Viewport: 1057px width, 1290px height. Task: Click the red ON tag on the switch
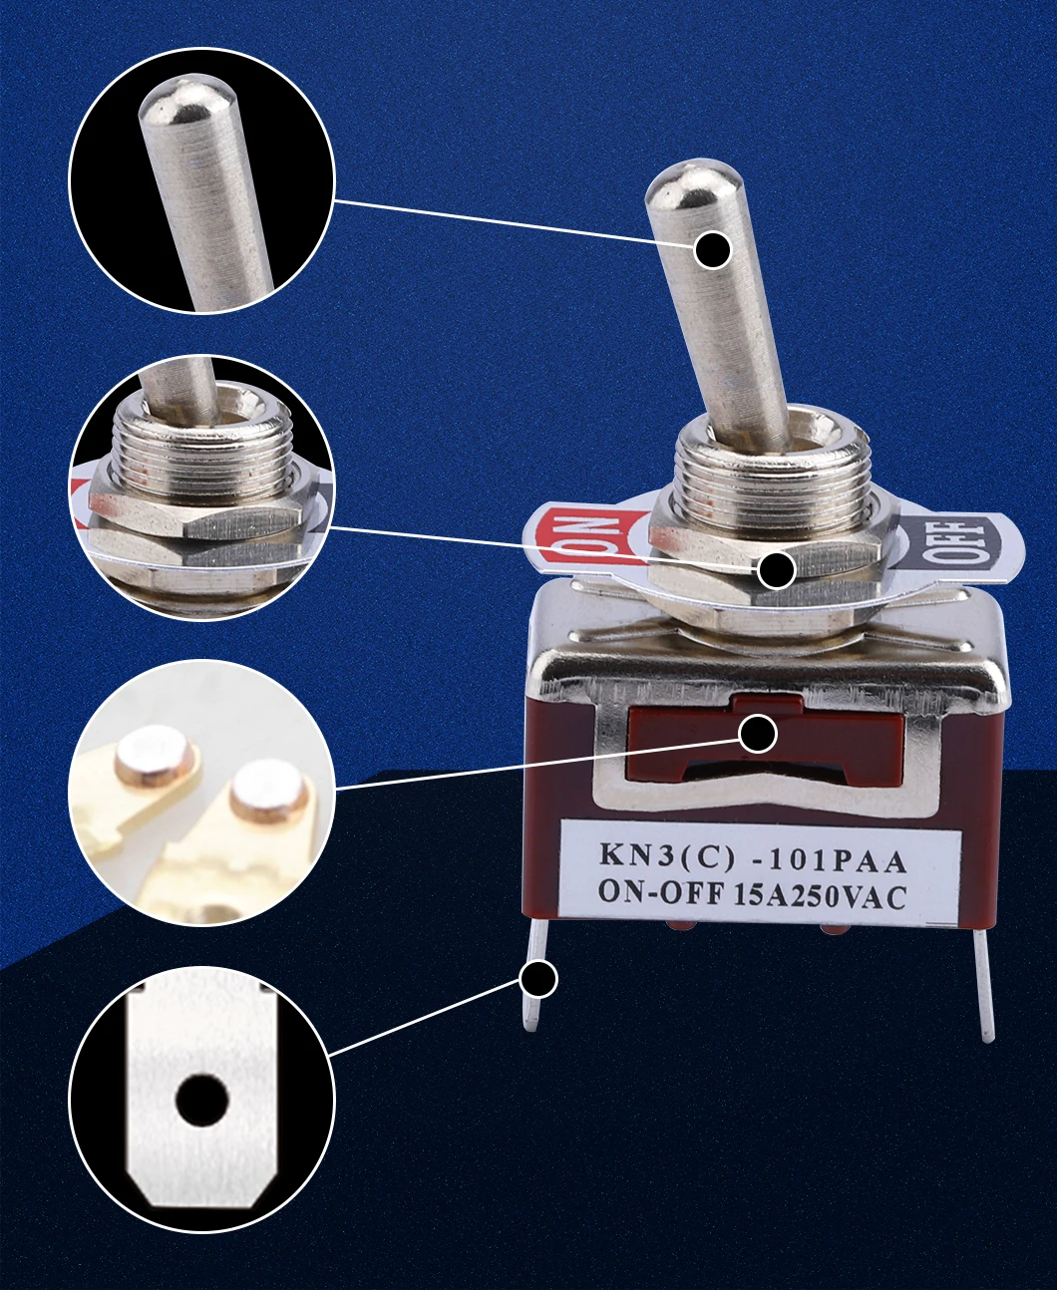[583, 539]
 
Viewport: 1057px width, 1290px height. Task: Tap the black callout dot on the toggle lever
[713, 249]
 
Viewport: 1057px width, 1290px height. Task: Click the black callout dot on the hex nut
[776, 570]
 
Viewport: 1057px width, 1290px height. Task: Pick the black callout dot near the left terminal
[539, 979]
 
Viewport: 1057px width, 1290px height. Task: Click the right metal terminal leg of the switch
[984, 987]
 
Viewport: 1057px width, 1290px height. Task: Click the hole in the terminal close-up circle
[202, 1100]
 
